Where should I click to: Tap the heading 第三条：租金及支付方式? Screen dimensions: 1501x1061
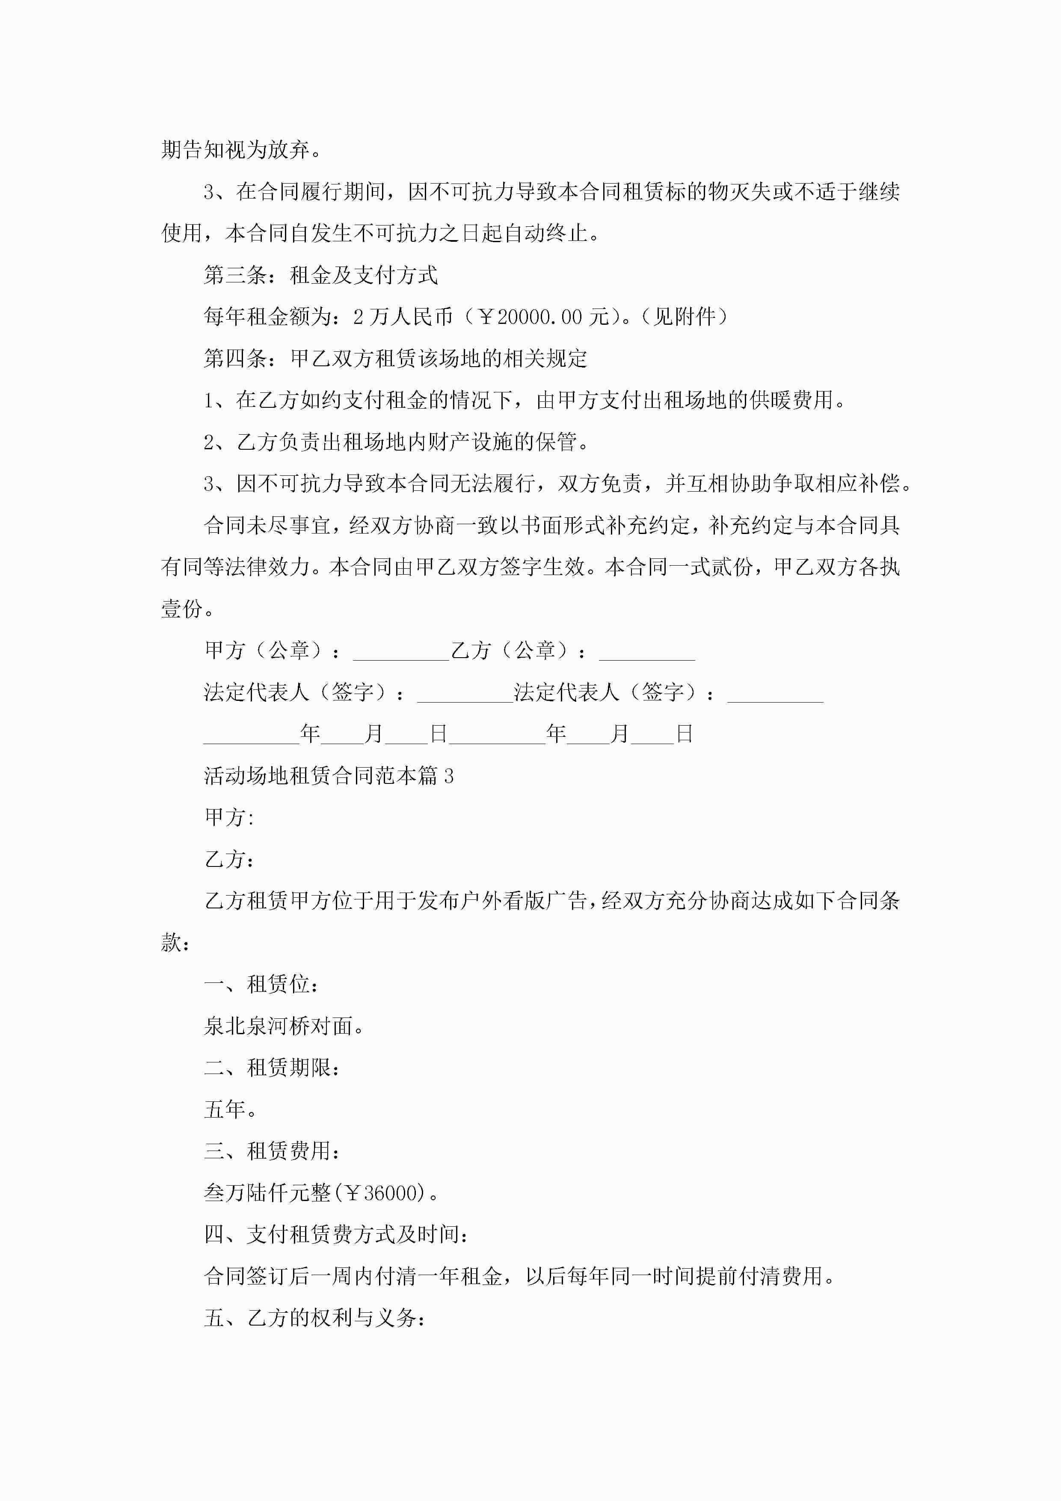pos(320,275)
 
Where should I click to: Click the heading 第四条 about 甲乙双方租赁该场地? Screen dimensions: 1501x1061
pos(395,358)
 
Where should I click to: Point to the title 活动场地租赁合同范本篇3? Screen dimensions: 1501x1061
pos(329,776)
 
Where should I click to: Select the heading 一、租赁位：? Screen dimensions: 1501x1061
pos(261,985)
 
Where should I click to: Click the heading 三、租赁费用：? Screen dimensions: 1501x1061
pos(272,1151)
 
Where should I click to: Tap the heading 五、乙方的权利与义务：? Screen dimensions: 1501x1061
pos(315,1318)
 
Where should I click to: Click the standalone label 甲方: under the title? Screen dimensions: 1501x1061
pos(229,818)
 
